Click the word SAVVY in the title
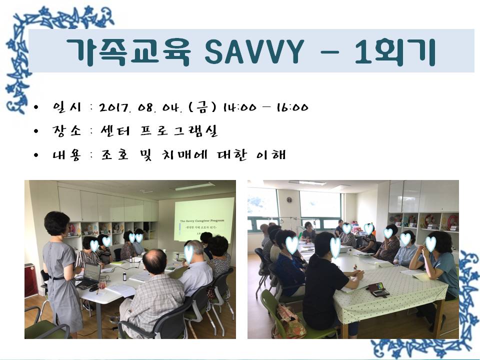253,50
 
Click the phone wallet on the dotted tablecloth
378,289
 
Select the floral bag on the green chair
289,320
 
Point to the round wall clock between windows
289,200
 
